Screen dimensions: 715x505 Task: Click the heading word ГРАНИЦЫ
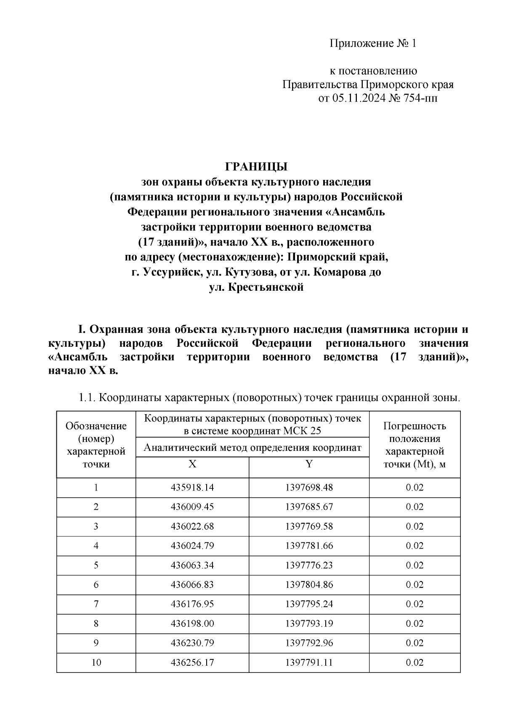[256, 167]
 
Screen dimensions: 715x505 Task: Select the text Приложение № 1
[372, 44]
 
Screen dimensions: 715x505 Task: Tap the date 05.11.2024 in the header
[359, 99]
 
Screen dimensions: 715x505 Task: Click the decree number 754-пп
[417, 99]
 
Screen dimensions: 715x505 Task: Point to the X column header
[192, 464]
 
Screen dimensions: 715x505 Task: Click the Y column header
[309, 464]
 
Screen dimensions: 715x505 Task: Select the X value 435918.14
[192, 487]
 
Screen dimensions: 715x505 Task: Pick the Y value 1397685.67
[309, 507]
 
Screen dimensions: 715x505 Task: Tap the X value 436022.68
[192, 526]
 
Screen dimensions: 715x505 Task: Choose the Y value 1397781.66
[309, 546]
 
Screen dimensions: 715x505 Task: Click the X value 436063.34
[192, 565]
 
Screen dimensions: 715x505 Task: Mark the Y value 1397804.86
[309, 584]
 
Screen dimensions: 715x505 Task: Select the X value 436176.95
[192, 604]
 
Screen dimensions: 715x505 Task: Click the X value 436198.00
[192, 623]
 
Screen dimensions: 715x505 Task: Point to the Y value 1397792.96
[309, 643]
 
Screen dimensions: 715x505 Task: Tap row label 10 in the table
[96, 662]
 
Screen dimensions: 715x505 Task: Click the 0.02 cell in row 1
[415, 487]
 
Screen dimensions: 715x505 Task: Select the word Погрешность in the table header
[415, 426]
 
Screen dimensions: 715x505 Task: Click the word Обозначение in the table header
[96, 426]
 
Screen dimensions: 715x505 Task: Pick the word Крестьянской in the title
[266, 288]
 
